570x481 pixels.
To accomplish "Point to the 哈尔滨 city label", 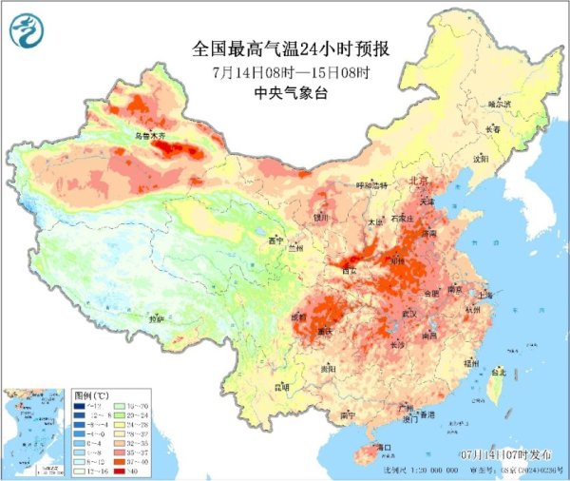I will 500,103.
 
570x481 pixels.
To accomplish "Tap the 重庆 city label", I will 327,332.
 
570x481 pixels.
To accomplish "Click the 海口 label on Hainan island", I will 384,446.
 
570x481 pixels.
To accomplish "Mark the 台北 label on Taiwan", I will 496,375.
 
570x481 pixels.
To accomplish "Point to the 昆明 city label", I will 281,387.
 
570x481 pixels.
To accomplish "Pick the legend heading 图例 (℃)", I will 92,394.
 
